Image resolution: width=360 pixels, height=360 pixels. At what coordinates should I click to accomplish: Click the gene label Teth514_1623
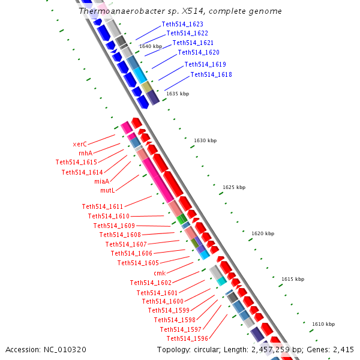click(x=182, y=25)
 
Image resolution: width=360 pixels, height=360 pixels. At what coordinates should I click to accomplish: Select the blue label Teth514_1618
click(x=211, y=74)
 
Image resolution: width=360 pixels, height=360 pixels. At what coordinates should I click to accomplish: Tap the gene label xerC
click(x=80, y=144)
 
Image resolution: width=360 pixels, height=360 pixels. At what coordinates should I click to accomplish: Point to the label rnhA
click(x=85, y=153)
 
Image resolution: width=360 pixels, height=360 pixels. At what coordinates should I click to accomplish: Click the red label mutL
click(x=107, y=190)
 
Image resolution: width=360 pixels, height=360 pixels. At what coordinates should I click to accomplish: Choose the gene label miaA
click(x=101, y=181)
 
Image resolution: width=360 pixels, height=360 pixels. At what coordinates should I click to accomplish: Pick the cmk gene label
click(x=159, y=273)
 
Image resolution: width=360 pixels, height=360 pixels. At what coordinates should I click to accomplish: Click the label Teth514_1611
click(x=103, y=206)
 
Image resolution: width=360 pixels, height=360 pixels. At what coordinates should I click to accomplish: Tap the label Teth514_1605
click(x=138, y=263)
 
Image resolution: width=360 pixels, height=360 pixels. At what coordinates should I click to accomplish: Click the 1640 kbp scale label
click(x=151, y=46)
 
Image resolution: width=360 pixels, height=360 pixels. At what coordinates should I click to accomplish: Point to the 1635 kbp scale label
click(x=178, y=94)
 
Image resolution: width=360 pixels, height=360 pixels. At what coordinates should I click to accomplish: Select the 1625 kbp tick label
click(x=233, y=187)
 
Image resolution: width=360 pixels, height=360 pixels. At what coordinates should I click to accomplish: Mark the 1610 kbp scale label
click(x=323, y=324)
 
